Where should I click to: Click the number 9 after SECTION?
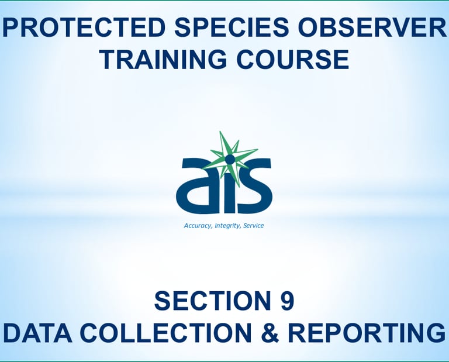tap(287, 301)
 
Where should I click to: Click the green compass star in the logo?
tap(229, 158)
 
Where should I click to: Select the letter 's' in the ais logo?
tap(253, 186)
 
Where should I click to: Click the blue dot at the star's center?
tap(229, 158)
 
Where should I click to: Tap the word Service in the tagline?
tap(253, 225)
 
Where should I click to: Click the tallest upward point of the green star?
tap(220, 132)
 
